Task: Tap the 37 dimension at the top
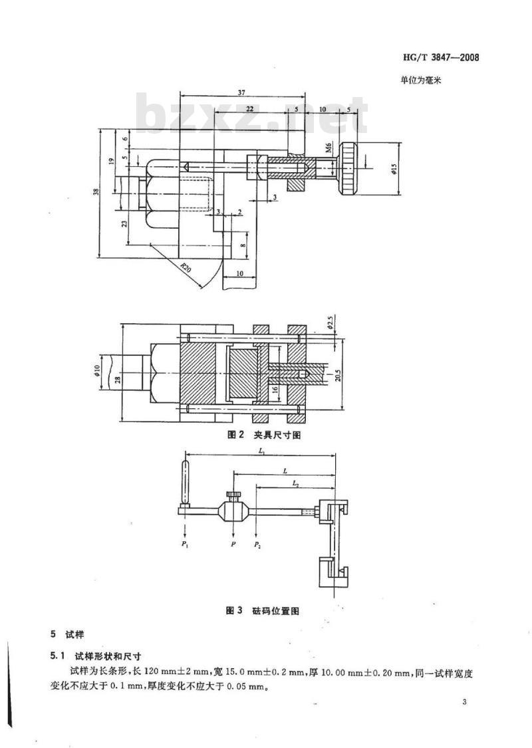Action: pyautogui.click(x=241, y=92)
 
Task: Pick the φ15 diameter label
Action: pyautogui.click(x=394, y=169)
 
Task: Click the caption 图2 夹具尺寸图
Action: pyautogui.click(x=263, y=435)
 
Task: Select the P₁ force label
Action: pyautogui.click(x=184, y=545)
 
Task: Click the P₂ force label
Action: pyautogui.click(x=257, y=545)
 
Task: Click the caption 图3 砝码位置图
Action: pyautogui.click(x=263, y=610)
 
